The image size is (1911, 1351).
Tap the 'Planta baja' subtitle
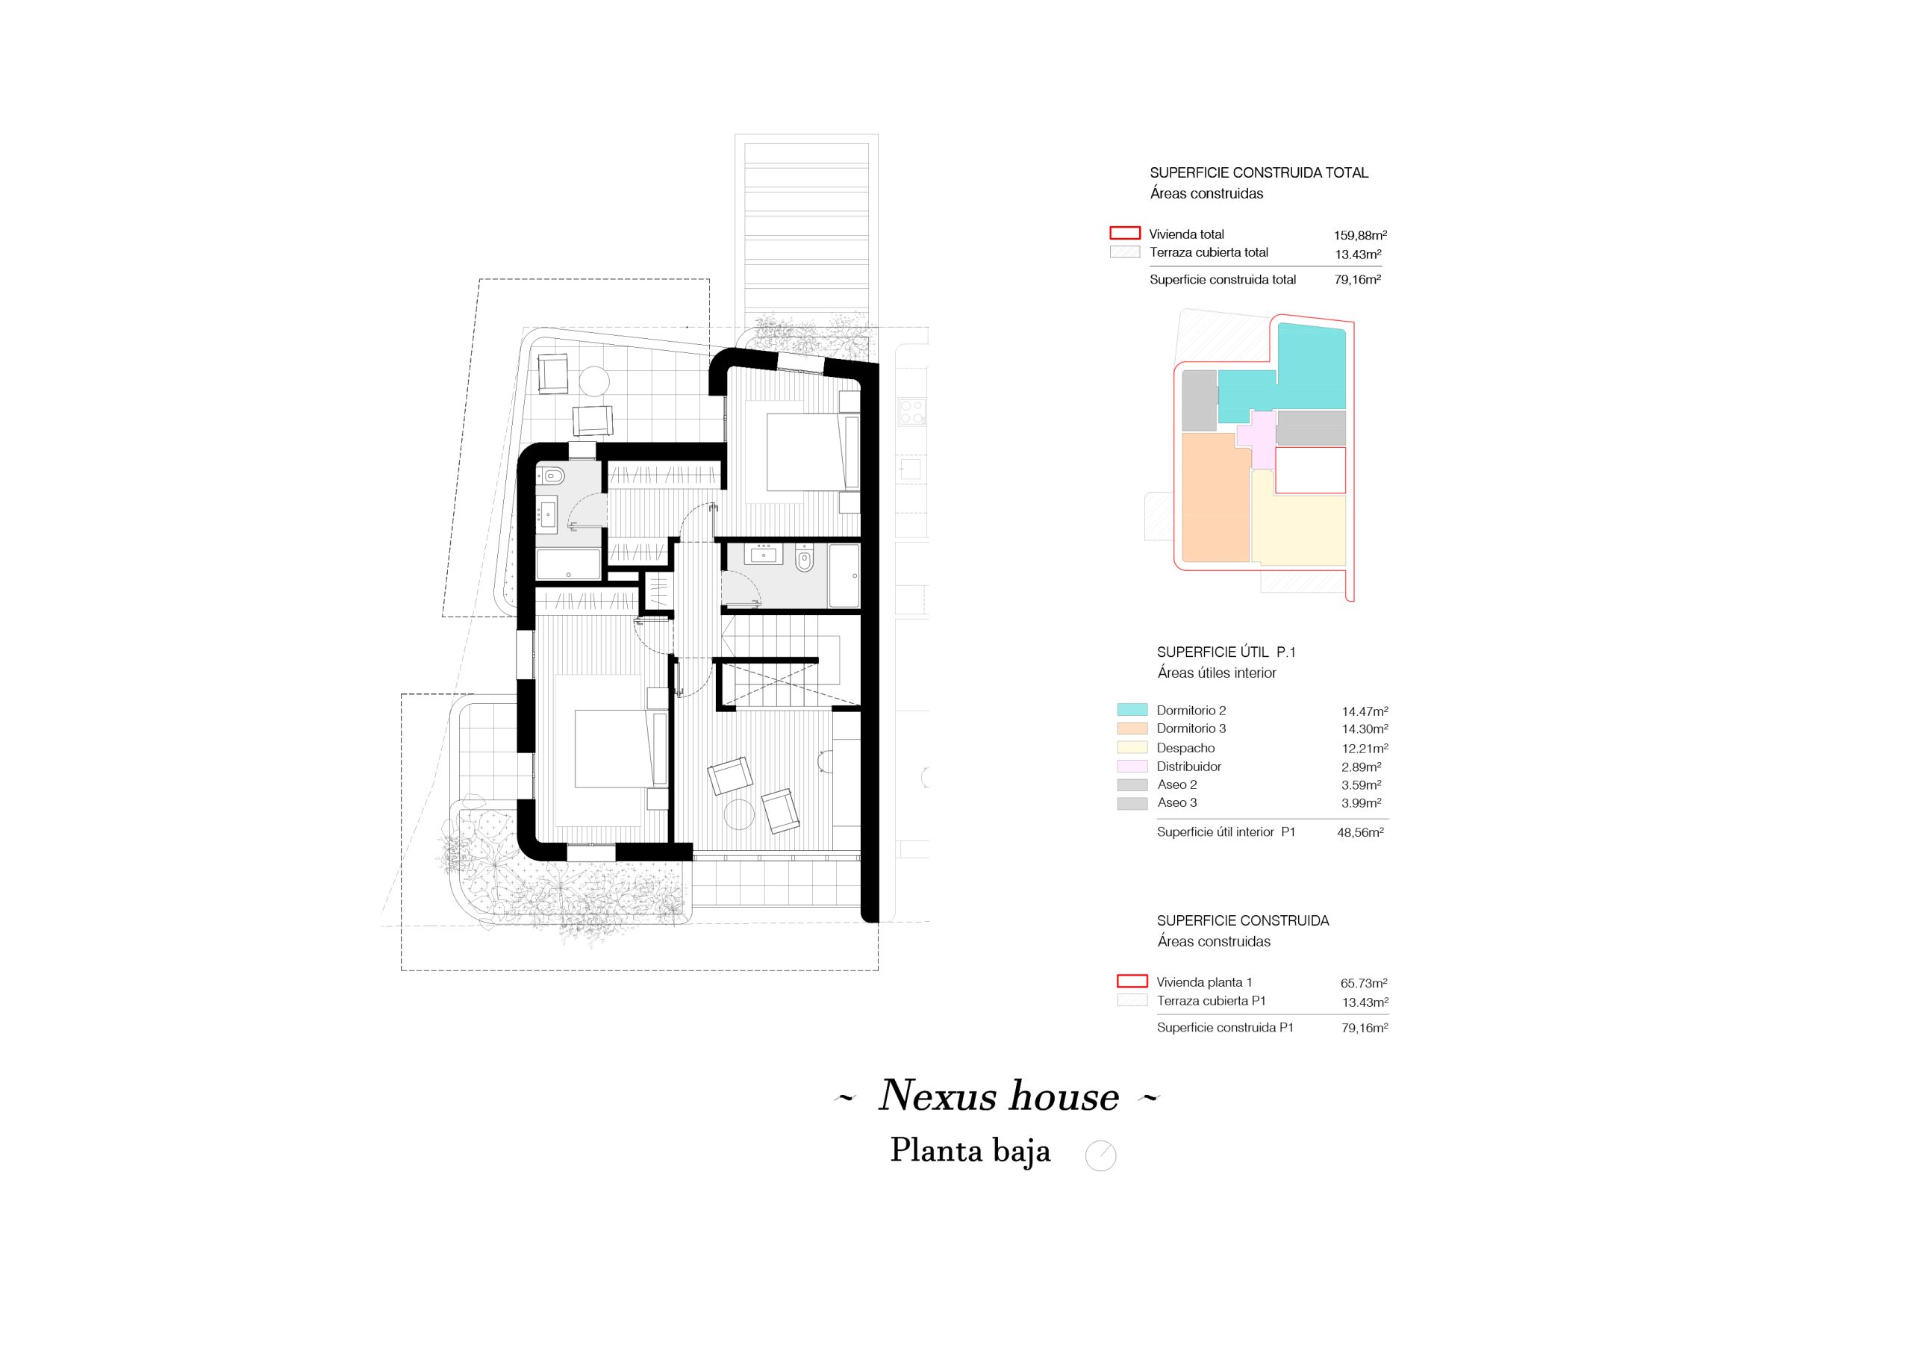[970, 1151]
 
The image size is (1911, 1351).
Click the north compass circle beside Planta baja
[1100, 1155]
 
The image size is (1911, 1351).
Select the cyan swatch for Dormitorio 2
[1132, 710]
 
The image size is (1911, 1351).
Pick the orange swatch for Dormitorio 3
[1132, 728]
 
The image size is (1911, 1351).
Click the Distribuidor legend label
[1188, 767]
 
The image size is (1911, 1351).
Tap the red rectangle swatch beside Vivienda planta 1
[1132, 982]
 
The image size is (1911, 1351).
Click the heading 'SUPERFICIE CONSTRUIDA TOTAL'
[1259, 173]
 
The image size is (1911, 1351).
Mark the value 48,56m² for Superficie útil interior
[1360, 832]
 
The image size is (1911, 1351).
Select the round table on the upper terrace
[594, 381]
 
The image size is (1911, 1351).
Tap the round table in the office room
[739, 814]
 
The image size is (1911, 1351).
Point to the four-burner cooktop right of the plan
[911, 412]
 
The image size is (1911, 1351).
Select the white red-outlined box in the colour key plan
[1310, 470]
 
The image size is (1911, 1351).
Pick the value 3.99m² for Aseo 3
[1361, 803]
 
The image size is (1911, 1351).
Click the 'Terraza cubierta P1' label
[1211, 1000]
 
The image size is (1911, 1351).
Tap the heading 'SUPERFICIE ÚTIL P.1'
[1226, 652]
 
